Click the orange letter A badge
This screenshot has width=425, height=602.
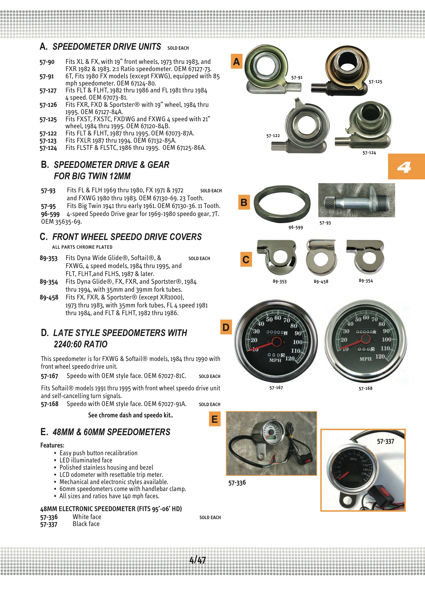pyautogui.click(x=236, y=61)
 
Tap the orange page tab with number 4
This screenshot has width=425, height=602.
pyautogui.click(x=406, y=167)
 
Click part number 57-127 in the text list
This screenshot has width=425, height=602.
pyautogui.click(x=48, y=91)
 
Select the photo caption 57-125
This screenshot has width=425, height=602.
pyautogui.click(x=375, y=82)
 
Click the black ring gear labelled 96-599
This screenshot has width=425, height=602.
pyautogui.click(x=282, y=203)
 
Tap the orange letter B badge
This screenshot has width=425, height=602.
pyautogui.click(x=244, y=202)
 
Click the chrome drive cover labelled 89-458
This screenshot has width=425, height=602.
pyautogui.click(x=321, y=257)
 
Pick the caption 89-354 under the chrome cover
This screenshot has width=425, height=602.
pyautogui.click(x=366, y=281)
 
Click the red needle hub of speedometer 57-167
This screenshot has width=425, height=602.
pyautogui.click(x=276, y=342)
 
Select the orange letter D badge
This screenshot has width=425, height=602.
pyautogui.click(x=226, y=327)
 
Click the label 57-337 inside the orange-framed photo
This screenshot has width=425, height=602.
pyautogui.click(x=385, y=442)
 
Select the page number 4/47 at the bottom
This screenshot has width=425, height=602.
pyautogui.click(x=198, y=560)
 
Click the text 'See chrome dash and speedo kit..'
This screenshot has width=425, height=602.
pyautogui.click(x=130, y=415)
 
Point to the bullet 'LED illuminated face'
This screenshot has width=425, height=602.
pyautogui.click(x=86, y=460)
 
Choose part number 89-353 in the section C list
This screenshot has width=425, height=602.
pyautogui.click(x=48, y=258)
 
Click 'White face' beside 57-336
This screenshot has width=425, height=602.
pyautogui.click(x=87, y=517)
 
